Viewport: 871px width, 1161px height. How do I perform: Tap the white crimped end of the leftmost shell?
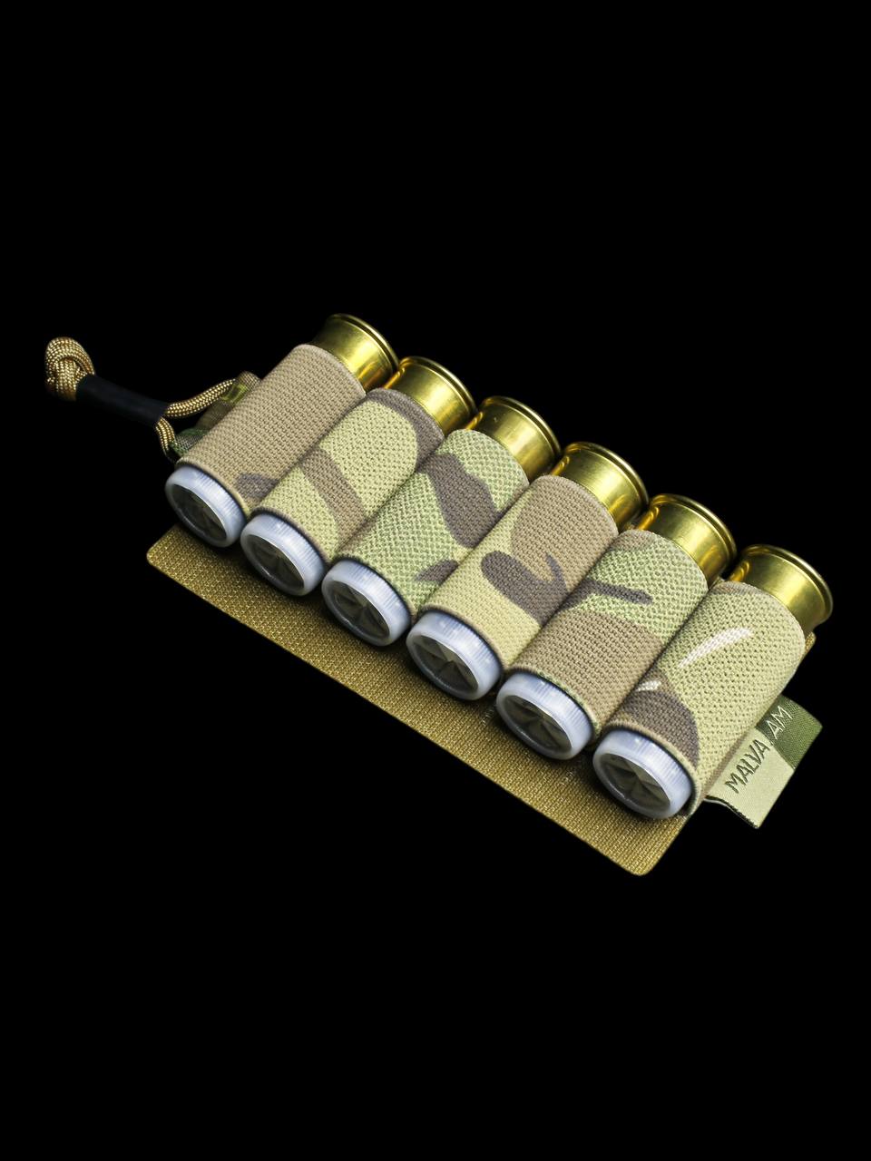(x=204, y=509)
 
